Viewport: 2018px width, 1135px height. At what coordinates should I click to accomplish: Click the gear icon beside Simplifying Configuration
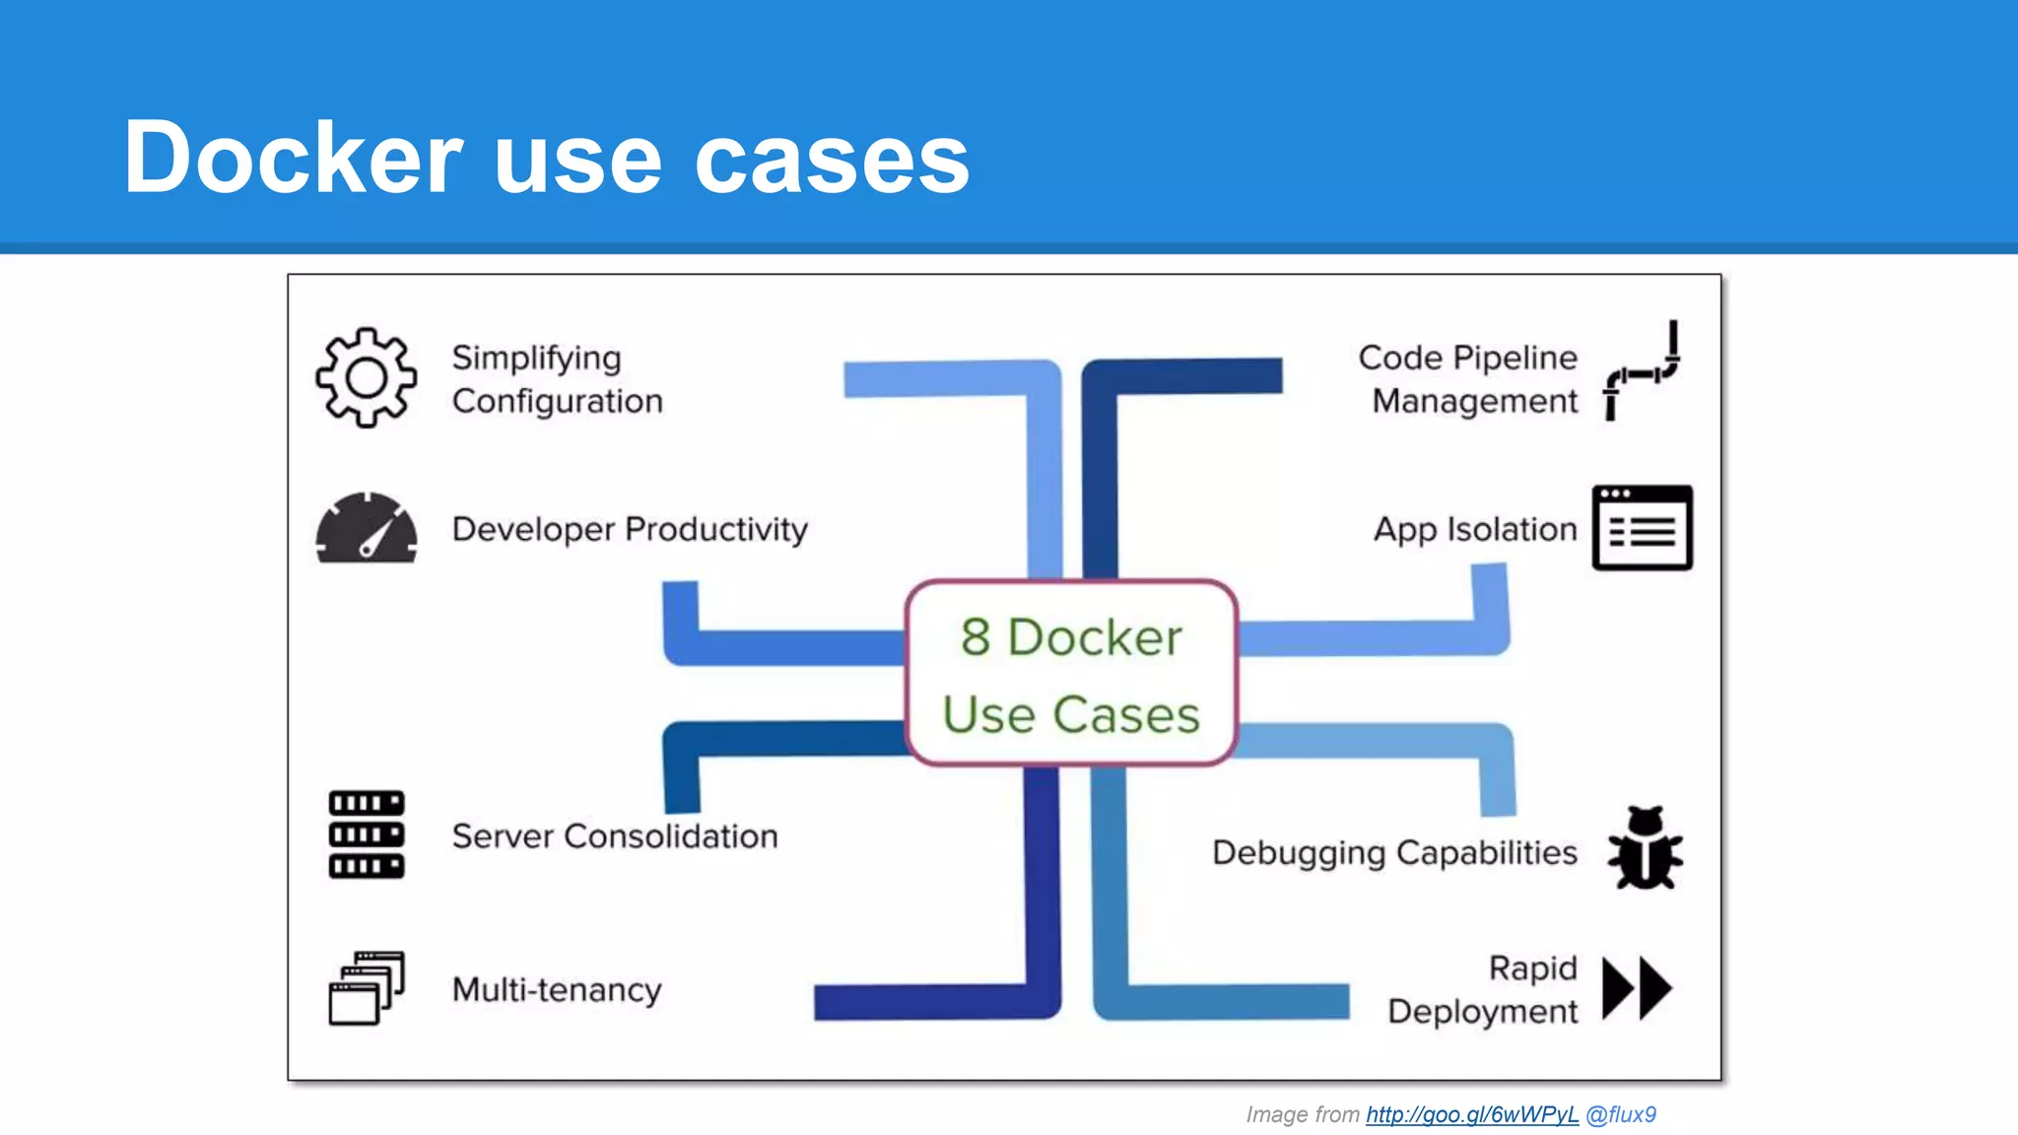pos(366,377)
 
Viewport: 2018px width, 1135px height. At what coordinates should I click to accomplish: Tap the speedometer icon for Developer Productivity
pos(366,529)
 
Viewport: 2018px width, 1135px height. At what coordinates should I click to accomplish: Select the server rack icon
pos(366,835)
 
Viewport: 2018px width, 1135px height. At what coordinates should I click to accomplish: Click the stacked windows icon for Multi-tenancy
pos(366,987)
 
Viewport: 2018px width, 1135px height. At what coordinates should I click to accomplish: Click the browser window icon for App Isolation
pos(1642,528)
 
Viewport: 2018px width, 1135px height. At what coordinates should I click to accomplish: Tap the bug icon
pos(1645,848)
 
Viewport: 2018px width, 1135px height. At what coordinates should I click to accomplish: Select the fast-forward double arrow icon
pos(1637,987)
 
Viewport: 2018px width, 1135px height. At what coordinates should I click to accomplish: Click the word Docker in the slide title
pos(293,158)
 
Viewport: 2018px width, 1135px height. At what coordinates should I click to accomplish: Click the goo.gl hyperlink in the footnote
pos(1472,1114)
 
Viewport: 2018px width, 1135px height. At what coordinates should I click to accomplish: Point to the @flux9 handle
pos(1621,1114)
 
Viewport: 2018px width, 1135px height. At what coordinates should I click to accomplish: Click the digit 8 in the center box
pos(975,637)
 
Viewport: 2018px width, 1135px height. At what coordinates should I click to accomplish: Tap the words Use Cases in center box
pos(1071,714)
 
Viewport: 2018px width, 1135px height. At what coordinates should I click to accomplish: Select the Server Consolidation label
pos(614,836)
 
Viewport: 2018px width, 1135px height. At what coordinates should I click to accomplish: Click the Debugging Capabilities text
pos(1394,852)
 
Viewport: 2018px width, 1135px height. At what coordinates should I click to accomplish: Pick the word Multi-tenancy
pos(557,989)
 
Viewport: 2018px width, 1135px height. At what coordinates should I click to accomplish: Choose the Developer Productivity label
pos(630,529)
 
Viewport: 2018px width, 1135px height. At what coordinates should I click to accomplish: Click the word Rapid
pos(1532,968)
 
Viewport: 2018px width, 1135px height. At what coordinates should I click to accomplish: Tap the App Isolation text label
pos(1475,529)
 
